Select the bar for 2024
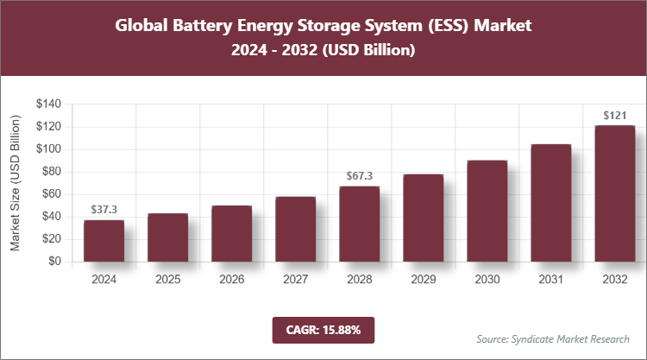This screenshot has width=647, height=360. (x=104, y=241)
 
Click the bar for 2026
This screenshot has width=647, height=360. (x=231, y=234)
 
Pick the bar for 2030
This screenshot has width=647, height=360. (x=487, y=212)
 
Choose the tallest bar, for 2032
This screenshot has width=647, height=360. (x=614, y=194)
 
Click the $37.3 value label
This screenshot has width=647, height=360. (x=104, y=210)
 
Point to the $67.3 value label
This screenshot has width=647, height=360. (x=359, y=176)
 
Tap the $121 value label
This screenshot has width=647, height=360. (x=614, y=116)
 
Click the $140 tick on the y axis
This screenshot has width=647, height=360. (x=48, y=104)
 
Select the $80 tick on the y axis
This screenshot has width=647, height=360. (x=51, y=172)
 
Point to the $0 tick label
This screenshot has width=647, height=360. (x=54, y=262)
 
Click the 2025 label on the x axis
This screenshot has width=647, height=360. (x=167, y=281)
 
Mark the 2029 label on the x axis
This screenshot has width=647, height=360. (x=423, y=281)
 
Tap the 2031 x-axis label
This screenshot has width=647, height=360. (x=550, y=281)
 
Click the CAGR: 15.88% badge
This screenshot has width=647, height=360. (x=323, y=330)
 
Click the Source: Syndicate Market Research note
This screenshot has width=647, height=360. (x=553, y=338)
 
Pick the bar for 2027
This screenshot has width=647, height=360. (x=295, y=230)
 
